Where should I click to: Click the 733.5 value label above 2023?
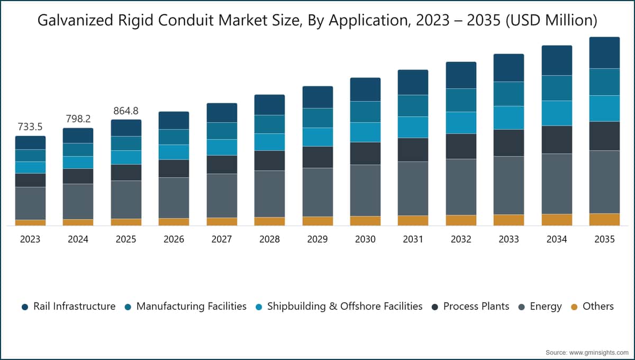(30, 127)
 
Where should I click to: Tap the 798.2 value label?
(78, 119)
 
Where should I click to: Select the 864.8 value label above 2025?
(126, 111)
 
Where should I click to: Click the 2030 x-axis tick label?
(365, 239)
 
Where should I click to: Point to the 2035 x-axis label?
(604, 239)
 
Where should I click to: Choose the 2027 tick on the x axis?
(222, 239)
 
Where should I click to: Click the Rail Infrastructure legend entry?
(69, 307)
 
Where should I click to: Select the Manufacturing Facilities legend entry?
(186, 307)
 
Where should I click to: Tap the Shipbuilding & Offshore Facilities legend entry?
(339, 307)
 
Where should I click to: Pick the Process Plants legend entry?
(470, 307)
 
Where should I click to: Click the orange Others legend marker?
(574, 307)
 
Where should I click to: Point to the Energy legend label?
(546, 307)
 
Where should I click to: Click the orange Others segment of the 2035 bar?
(604, 220)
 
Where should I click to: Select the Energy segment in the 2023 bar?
(30, 203)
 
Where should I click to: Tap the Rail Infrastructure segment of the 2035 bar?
(604, 53)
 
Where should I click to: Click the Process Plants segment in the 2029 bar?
(317, 157)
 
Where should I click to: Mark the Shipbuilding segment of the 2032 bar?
(461, 123)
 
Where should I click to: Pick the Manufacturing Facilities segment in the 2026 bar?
(174, 137)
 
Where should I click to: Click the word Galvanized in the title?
(75, 21)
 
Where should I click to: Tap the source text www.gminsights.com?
(598, 353)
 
